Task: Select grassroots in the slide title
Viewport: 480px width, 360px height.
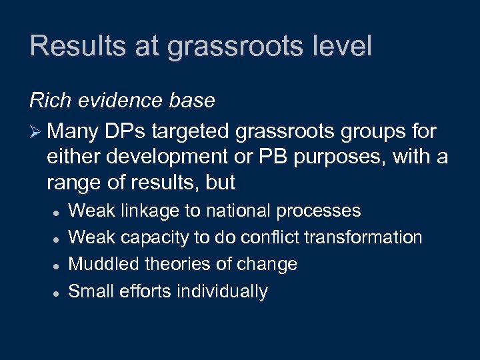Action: pyautogui.click(x=219, y=47)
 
